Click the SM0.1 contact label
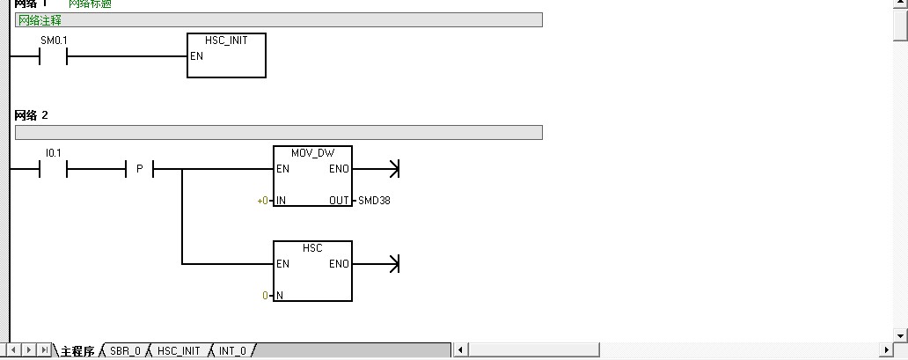[54, 40]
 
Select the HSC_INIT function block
[226, 55]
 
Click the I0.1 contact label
[54, 153]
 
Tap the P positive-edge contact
[140, 169]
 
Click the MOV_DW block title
[312, 153]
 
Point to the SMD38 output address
[374, 201]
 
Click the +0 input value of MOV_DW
[262, 201]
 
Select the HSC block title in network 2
[312, 248]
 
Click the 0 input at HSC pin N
[265, 296]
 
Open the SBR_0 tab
[125, 351]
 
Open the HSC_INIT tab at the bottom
[179, 351]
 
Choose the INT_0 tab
[232, 351]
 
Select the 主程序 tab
[77, 351]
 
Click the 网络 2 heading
[32, 115]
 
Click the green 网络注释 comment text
[40, 20]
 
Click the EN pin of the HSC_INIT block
[197, 56]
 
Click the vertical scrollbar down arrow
[900, 334]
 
